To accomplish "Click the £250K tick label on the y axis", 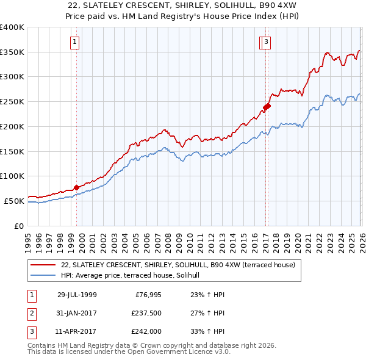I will point(12,102).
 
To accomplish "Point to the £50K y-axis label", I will point(14,201).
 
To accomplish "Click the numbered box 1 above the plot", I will point(74,42).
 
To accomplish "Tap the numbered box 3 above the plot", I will point(267,42).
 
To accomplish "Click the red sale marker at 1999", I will point(76,187).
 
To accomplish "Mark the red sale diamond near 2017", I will point(267,107).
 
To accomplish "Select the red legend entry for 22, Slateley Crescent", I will point(178,265).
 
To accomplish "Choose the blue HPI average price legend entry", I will point(134,276).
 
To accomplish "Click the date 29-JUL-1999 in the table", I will point(77,295).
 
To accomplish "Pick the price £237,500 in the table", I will point(146,313).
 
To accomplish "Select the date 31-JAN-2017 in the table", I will point(77,313).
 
